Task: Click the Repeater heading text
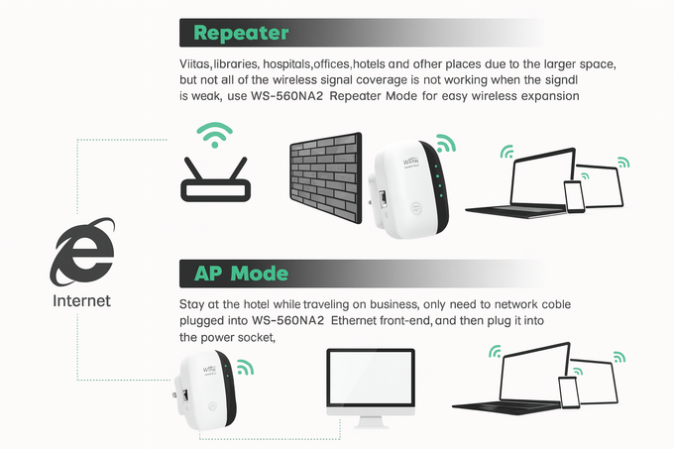(241, 33)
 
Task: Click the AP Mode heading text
(241, 274)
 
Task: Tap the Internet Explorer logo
(82, 253)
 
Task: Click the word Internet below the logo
(81, 300)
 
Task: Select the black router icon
(215, 179)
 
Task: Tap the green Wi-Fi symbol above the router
(214, 135)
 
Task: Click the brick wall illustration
(326, 177)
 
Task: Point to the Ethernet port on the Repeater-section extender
(382, 198)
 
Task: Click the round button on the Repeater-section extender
(416, 208)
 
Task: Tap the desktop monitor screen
(371, 378)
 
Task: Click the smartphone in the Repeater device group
(574, 196)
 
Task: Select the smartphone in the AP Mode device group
(569, 392)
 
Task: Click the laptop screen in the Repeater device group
(543, 177)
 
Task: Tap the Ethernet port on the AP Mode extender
(185, 395)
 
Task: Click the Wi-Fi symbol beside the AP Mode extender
(245, 367)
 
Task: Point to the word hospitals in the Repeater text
(287, 64)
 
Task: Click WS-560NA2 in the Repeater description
(286, 96)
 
